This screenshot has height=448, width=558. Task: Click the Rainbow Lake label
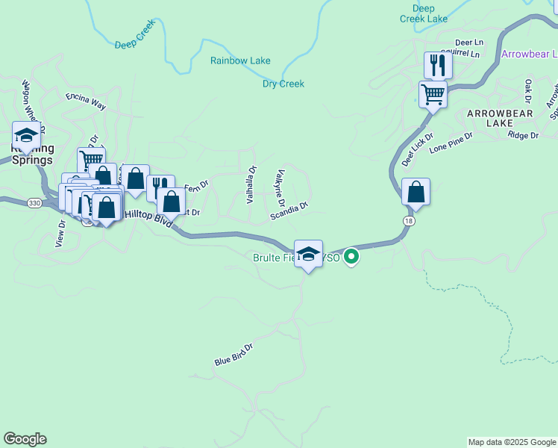pyautogui.click(x=240, y=60)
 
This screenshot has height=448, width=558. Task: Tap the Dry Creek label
pyautogui.click(x=283, y=84)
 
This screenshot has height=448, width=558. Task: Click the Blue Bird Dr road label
pyautogui.click(x=234, y=355)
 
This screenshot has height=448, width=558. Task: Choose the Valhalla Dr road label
pyautogui.click(x=251, y=184)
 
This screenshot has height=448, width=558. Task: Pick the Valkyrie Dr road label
pyautogui.click(x=280, y=188)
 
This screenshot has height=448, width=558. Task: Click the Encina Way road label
pyautogui.click(x=86, y=102)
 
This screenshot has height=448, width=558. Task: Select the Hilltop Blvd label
pyautogui.click(x=148, y=217)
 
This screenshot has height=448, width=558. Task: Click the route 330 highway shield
pyautogui.click(x=34, y=202)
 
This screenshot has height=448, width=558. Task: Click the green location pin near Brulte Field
pyautogui.click(x=352, y=258)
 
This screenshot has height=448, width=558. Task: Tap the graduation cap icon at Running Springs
pyautogui.click(x=26, y=135)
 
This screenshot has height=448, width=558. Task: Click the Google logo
pyautogui.click(x=25, y=439)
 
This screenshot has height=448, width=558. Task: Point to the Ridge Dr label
pyautogui.click(x=522, y=135)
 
